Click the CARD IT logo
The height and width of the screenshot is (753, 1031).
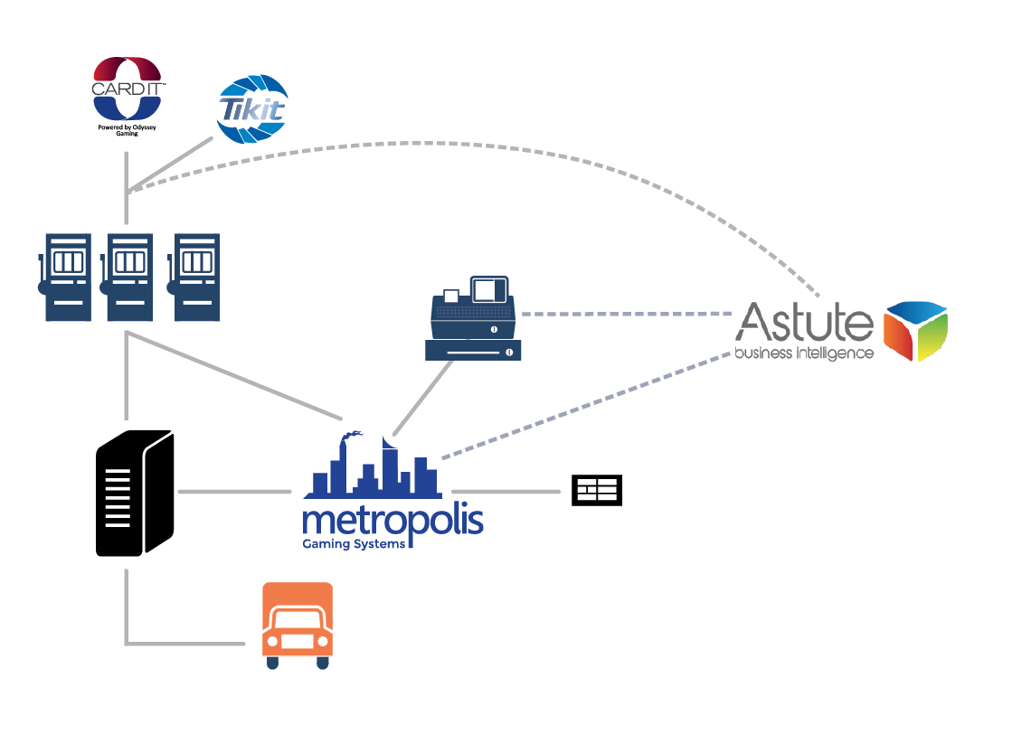128,89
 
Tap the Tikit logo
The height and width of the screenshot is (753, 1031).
252,109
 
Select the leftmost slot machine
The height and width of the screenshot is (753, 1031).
65,277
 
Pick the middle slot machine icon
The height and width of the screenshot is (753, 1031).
128,277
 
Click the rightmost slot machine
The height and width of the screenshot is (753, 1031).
195,277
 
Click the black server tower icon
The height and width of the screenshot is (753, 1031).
134,494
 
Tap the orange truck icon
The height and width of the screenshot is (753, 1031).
297,626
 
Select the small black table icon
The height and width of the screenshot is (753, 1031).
597,491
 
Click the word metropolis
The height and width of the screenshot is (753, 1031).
393,522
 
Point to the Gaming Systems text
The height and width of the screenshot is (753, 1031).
353,544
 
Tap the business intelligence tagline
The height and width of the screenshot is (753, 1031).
804,353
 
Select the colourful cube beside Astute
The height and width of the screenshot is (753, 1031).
914,331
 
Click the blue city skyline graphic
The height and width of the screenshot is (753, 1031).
371,470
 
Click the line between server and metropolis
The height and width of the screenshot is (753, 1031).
235,492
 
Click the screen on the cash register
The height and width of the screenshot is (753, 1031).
486,290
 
